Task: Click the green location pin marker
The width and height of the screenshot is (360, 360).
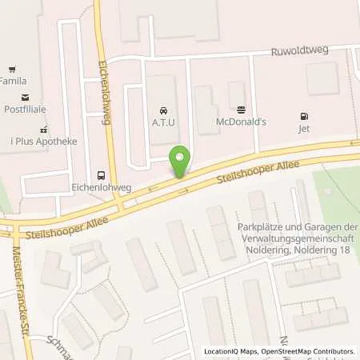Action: [182, 161]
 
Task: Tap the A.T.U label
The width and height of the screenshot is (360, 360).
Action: [163, 122]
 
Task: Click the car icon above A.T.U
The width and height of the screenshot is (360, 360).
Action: [163, 109]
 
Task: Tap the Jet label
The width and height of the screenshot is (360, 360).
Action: [304, 127]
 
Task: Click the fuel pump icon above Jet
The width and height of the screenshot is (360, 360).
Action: [304, 115]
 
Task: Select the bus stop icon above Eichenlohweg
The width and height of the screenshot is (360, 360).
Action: [101, 174]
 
